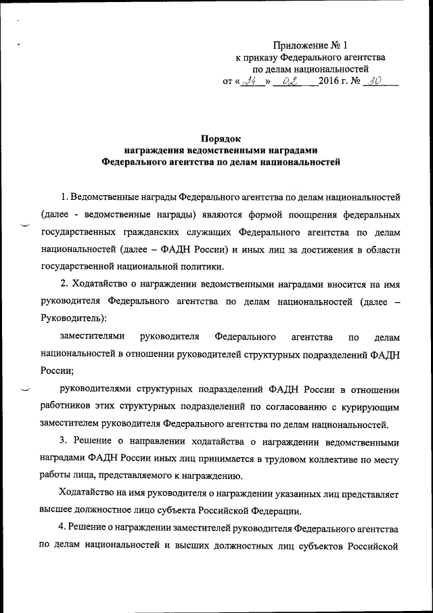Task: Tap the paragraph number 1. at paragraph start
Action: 64,197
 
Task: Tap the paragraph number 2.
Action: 64,284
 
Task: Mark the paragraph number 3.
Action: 64,442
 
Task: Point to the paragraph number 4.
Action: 64,528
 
